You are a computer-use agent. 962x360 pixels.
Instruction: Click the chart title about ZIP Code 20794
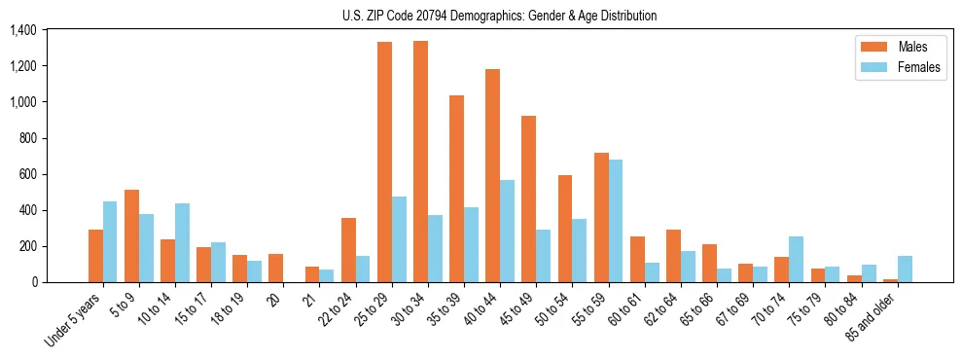point(499,16)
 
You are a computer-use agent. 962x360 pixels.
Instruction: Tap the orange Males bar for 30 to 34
point(420,162)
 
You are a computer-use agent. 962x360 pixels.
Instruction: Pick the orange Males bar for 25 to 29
point(384,162)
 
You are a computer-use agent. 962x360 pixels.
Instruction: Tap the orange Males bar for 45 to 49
point(529,199)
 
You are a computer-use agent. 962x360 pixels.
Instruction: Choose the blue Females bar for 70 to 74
point(797,260)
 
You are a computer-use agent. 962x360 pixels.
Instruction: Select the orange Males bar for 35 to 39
point(456,189)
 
